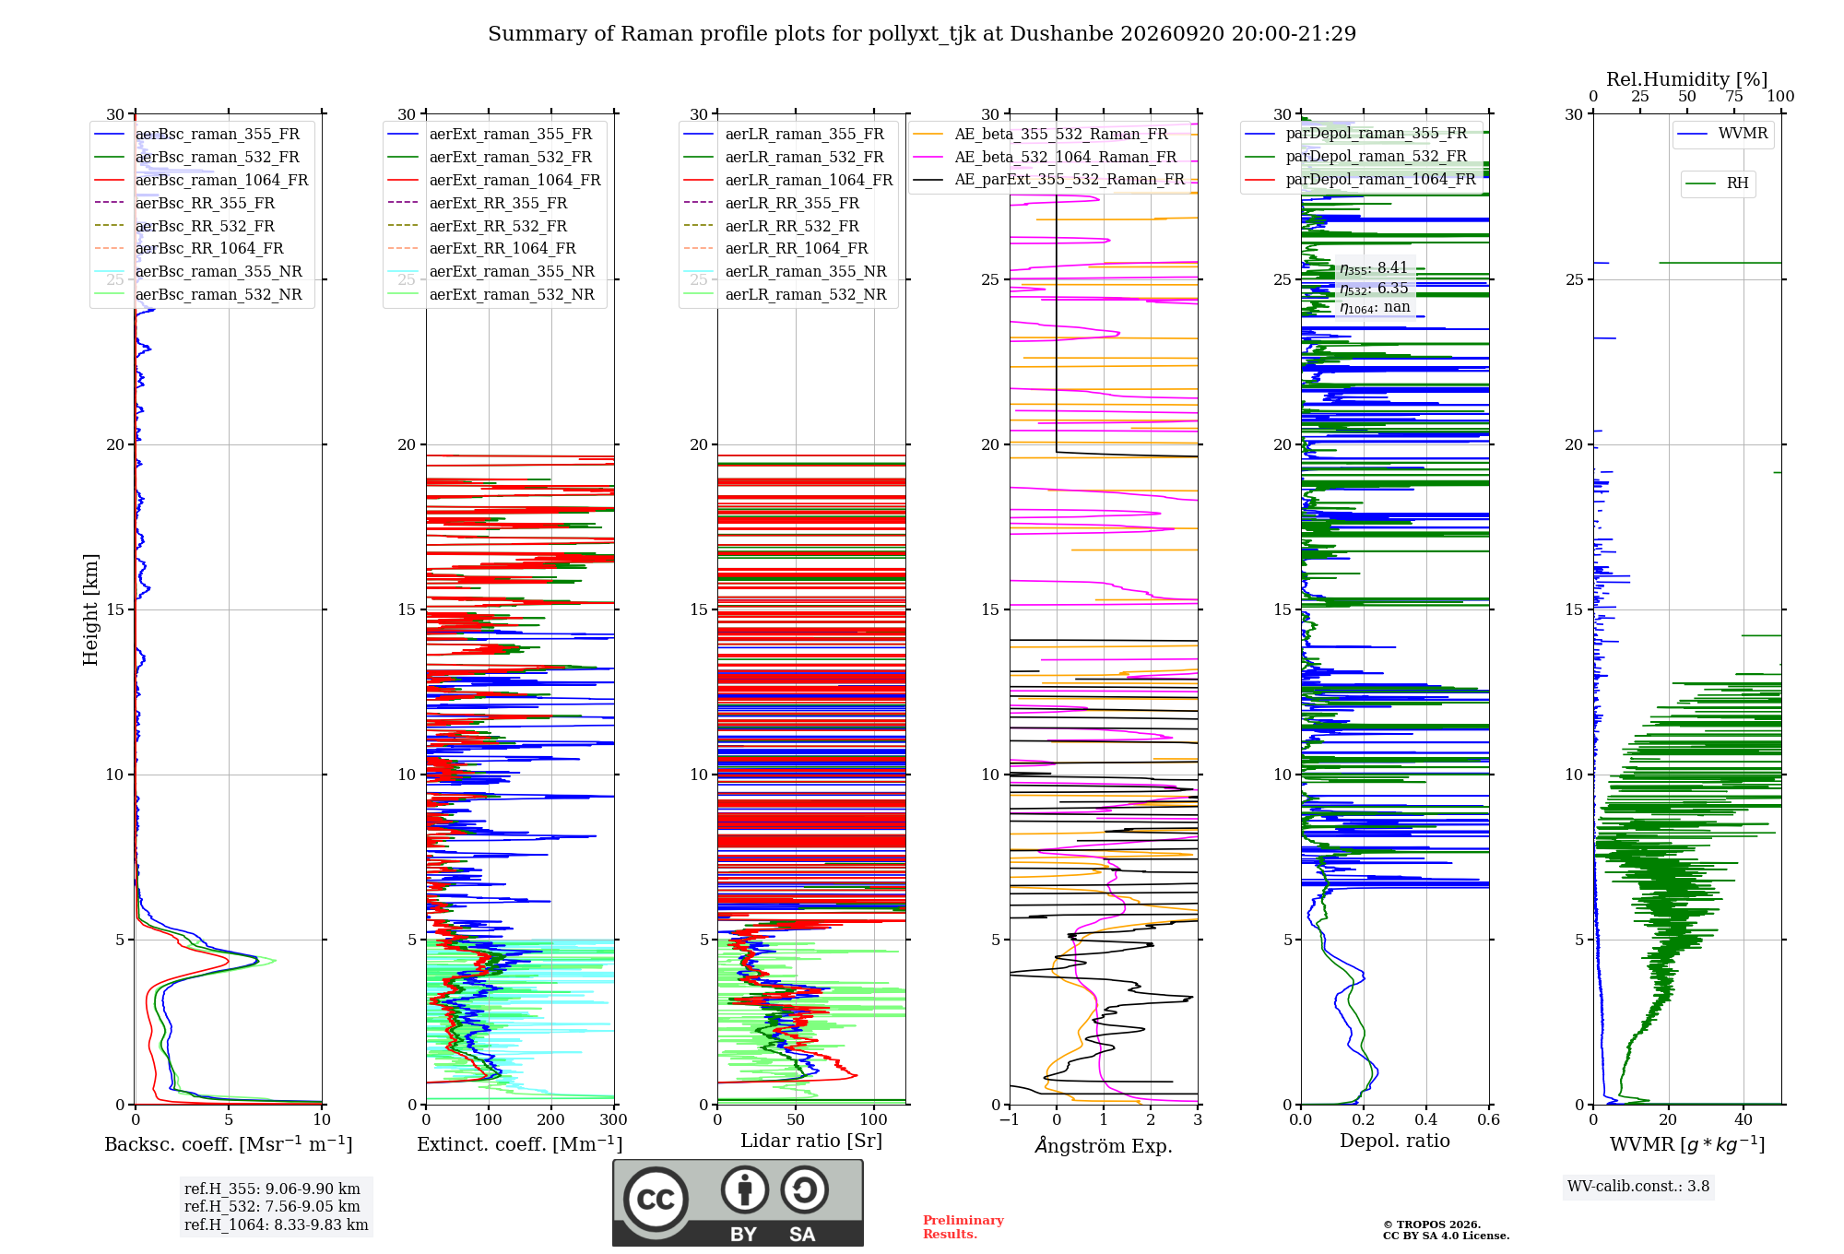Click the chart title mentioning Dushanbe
(x=922, y=34)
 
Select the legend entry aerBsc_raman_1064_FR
(x=221, y=181)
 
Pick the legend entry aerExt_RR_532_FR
(x=498, y=226)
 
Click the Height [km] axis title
(x=90, y=609)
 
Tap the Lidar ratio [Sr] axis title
(x=811, y=1141)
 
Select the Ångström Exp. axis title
(x=1104, y=1145)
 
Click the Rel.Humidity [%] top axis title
(x=1687, y=79)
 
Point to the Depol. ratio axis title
(x=1395, y=1141)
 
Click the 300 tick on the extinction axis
(x=614, y=1119)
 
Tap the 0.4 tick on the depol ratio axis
(x=1426, y=1119)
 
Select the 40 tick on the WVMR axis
(x=1744, y=1119)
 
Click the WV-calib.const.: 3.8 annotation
(x=1638, y=1187)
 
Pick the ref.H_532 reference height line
(x=272, y=1207)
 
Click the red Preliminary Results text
(x=963, y=1227)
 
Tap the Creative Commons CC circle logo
(x=656, y=1200)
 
